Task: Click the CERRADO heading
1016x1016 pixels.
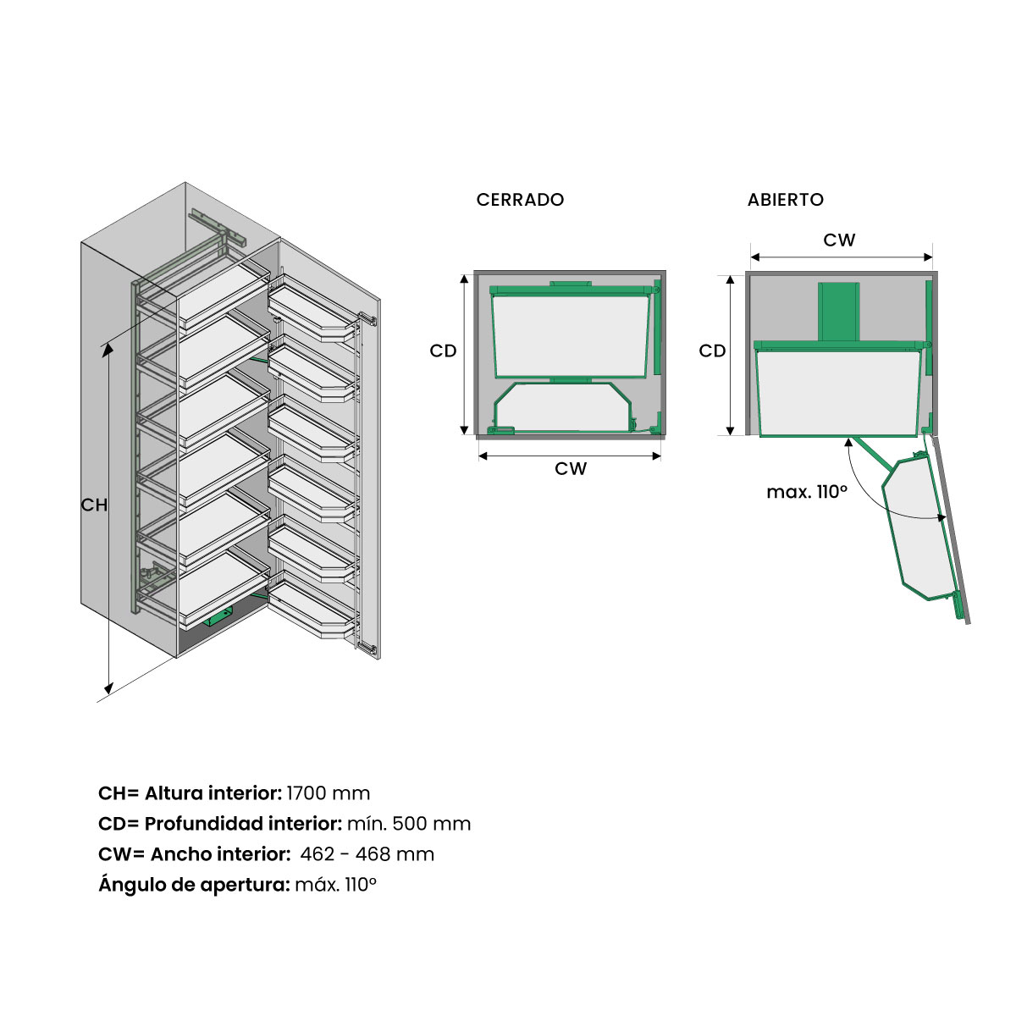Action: (x=520, y=199)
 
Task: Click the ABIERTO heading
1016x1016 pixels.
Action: (x=785, y=199)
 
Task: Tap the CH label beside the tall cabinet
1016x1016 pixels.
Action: (x=94, y=505)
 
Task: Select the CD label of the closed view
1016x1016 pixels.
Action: (x=443, y=351)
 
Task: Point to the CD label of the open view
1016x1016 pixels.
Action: (x=712, y=351)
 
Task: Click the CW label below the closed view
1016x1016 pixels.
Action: (x=571, y=469)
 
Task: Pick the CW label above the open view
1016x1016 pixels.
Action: (x=839, y=240)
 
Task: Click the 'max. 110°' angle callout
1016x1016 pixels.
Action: (x=807, y=492)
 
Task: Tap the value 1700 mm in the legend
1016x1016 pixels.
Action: (x=328, y=793)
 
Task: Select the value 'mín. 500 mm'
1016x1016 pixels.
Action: (x=409, y=824)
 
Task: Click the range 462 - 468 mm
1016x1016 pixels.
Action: (x=367, y=854)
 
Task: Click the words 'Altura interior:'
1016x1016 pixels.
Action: (x=213, y=793)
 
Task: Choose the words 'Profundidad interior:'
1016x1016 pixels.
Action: (x=244, y=824)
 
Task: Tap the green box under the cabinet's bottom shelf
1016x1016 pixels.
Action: (x=218, y=616)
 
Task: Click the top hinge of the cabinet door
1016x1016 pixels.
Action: (x=367, y=318)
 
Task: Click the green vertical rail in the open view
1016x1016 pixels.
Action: (x=838, y=312)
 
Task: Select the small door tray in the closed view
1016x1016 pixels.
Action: (x=562, y=406)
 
